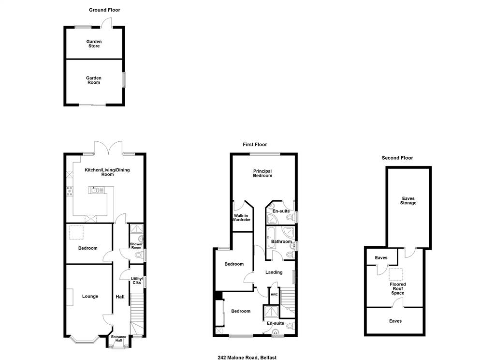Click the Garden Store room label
tap(94, 44)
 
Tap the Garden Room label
tap(94, 80)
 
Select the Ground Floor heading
tap(104, 10)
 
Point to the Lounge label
tap(90, 296)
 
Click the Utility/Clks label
tap(137, 281)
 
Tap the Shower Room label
tap(136, 246)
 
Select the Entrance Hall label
tap(119, 339)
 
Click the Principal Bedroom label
tap(262, 173)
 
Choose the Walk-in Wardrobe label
tap(242, 218)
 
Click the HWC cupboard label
tap(275, 295)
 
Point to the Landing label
tap(274, 272)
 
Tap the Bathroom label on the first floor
tap(282, 241)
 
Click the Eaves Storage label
tap(408, 201)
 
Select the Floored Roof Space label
tap(398, 288)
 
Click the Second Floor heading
tap(397, 158)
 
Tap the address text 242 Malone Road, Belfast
tap(247, 358)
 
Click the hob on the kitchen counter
tap(70, 191)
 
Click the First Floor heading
tap(255, 145)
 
